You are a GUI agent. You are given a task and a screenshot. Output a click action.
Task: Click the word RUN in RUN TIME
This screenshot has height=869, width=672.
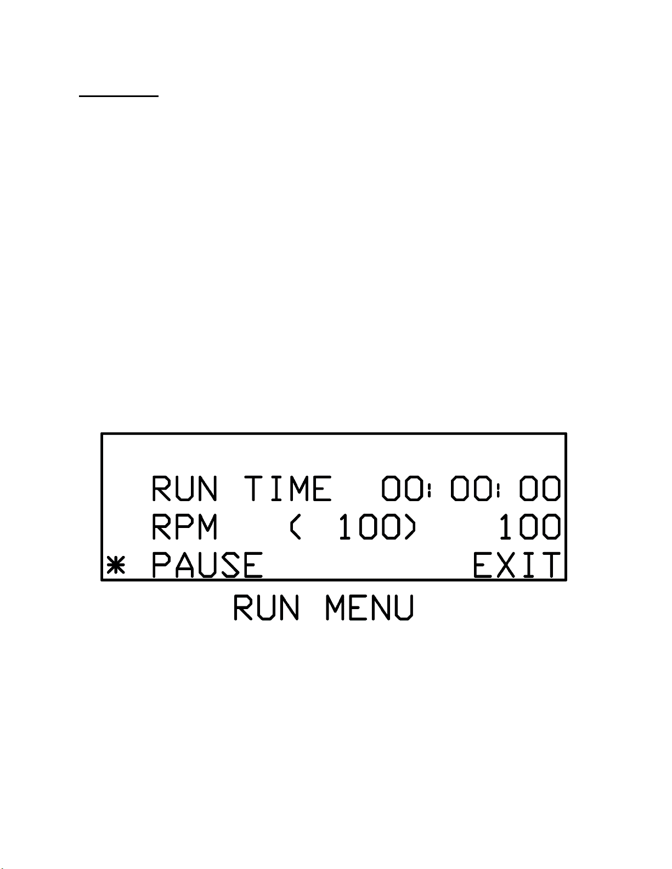point(184,489)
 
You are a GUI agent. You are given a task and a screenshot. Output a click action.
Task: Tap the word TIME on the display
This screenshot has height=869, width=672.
point(288,489)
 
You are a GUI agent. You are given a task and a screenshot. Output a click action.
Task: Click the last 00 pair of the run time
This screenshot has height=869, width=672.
point(541,489)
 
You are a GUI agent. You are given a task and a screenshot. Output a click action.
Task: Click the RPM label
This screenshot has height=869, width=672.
point(184,527)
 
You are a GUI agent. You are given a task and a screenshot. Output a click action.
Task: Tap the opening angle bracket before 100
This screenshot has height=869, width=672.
point(295,527)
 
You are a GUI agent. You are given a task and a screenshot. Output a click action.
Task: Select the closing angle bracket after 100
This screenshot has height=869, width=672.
point(410,527)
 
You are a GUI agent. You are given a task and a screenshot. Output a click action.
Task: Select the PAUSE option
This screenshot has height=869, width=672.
point(207,566)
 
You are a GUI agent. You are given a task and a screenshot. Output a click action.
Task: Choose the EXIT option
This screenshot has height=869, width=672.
point(517,566)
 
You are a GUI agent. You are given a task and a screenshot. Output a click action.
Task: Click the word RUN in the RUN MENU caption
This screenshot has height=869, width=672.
point(267,607)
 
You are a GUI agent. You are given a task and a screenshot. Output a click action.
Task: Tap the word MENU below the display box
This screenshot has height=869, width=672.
point(369,607)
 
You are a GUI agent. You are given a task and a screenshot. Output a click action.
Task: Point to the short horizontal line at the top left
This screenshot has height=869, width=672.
point(118,96)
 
